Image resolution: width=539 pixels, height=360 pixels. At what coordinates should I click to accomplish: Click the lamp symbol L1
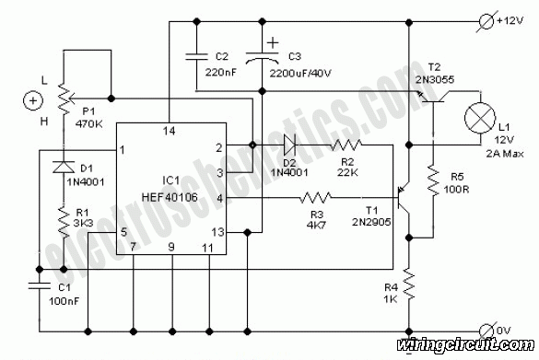(480, 118)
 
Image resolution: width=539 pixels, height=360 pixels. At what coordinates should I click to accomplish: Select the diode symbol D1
(64, 167)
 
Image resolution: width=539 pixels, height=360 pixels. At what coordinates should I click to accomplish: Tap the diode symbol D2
(290, 145)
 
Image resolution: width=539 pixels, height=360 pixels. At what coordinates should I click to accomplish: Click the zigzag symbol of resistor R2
(346, 145)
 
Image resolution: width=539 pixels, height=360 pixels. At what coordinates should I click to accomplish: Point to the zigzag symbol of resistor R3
(315, 198)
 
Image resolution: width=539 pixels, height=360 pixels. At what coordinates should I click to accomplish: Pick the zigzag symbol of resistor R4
(409, 284)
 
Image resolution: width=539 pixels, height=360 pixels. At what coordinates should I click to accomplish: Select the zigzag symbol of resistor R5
(433, 180)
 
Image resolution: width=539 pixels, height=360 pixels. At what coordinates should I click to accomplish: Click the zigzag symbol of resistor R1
(64, 221)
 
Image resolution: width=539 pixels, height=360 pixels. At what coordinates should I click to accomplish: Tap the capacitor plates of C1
(40, 285)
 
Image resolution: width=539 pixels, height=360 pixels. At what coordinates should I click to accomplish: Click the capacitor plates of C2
(196, 57)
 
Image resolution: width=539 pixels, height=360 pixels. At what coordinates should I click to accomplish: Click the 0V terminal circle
(487, 331)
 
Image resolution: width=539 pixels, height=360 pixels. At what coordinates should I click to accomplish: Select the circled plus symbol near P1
(33, 101)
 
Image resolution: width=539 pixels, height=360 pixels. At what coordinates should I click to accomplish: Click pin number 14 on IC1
(169, 131)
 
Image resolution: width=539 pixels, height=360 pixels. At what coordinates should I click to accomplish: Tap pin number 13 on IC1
(217, 232)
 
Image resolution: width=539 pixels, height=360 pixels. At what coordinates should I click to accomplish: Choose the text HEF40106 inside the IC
(170, 197)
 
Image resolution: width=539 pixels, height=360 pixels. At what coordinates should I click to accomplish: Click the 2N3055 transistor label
(435, 79)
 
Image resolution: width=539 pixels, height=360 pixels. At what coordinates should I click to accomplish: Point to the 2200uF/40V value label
(300, 74)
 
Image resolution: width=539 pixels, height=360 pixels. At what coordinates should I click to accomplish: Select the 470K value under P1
(89, 123)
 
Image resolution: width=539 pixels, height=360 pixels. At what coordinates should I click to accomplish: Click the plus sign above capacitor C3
(273, 43)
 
